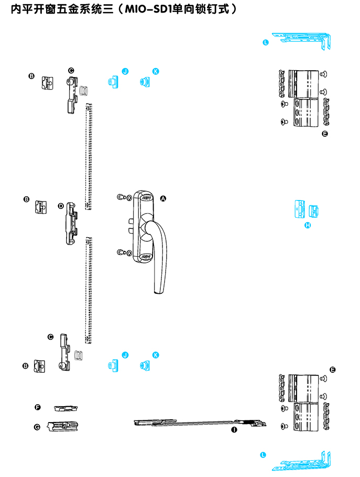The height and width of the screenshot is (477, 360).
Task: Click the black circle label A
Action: [162, 198]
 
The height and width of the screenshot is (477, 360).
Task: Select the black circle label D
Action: [61, 206]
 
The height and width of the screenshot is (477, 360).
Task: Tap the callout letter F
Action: [37, 407]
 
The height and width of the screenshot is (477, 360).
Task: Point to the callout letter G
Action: [37, 427]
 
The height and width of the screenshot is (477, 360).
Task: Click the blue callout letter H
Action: [308, 225]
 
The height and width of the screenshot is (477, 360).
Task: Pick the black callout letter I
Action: [234, 429]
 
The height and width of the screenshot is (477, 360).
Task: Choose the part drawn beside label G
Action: [62, 426]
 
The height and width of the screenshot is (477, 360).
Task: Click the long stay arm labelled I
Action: [199, 423]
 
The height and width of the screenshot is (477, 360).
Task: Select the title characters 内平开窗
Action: [28, 9]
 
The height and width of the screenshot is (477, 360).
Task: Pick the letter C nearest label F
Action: [50, 337]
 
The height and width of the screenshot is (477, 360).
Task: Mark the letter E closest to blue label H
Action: [325, 135]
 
